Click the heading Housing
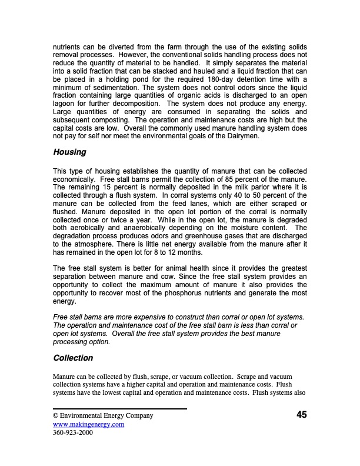tap(69, 152)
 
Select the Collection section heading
tap(73, 358)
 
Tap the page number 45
tap(301, 415)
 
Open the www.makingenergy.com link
tap(88, 424)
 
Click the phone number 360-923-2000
tap(73, 433)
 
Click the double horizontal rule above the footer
tap(120, 408)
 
